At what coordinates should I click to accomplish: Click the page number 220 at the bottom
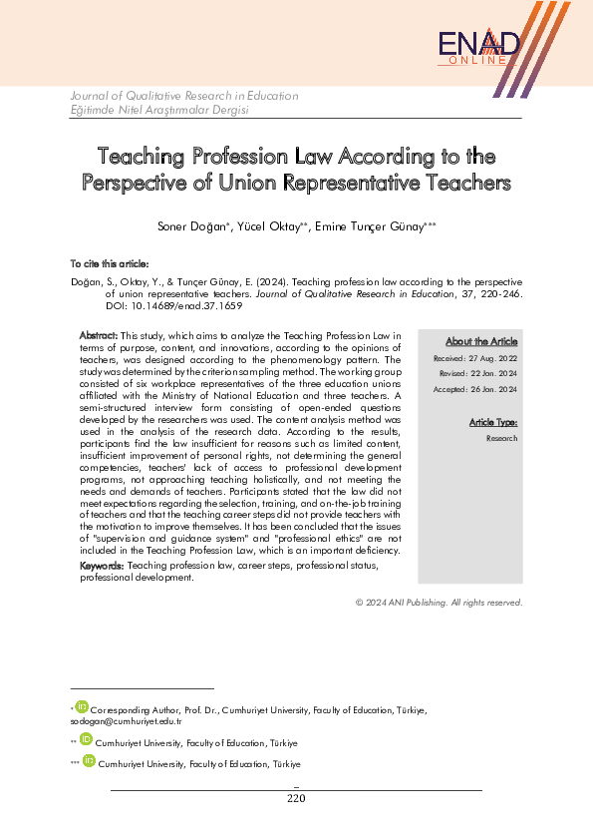[x=296, y=798]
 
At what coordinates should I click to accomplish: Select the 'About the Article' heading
[x=481, y=341]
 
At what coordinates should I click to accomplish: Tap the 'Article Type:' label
[x=493, y=423]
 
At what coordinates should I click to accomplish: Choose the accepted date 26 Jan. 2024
[x=493, y=388]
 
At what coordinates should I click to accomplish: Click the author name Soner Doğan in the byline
[x=193, y=227]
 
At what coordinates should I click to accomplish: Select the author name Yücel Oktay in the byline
[x=273, y=227]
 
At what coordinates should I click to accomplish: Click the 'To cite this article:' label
[x=109, y=263]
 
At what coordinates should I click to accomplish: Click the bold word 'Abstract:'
[x=99, y=335]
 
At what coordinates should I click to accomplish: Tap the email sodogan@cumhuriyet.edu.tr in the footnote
[x=112, y=719]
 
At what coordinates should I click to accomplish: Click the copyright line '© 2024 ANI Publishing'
[x=439, y=602]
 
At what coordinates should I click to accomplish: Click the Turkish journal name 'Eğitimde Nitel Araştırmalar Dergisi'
[x=158, y=110]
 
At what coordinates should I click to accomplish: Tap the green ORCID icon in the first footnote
[x=82, y=707]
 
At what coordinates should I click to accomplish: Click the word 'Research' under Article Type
[x=501, y=438]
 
